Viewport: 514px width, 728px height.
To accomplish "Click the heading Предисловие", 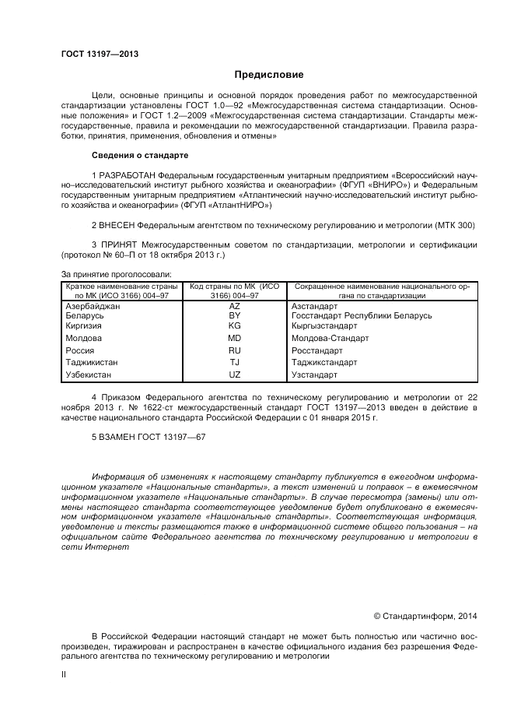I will tap(269, 75).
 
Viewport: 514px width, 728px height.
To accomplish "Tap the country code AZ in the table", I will tap(234, 306).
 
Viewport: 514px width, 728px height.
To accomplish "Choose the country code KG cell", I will tap(234, 325).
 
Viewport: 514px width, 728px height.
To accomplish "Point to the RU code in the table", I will tap(234, 350).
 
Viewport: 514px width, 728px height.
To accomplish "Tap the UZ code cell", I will tap(234, 375).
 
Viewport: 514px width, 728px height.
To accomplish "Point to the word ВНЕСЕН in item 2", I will tap(116, 225).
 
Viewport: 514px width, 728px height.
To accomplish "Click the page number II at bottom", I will tap(64, 675).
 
